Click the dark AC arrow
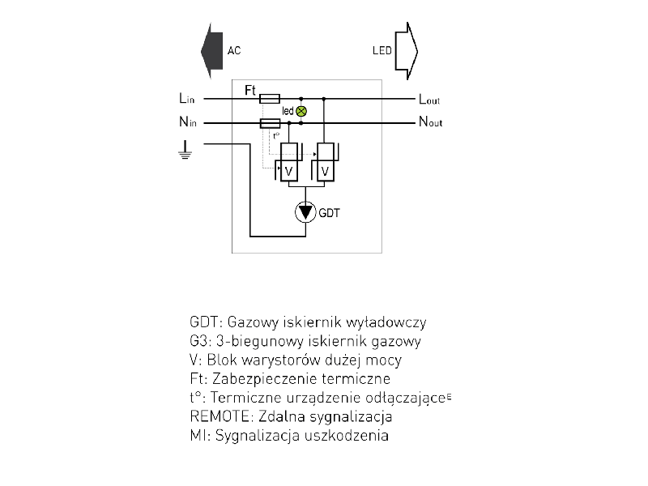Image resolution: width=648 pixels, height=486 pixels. pos(212,50)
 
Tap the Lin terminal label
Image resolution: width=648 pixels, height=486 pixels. pos(187,99)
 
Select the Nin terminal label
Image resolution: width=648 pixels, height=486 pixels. pos(187,123)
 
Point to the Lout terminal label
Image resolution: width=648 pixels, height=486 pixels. pos(429,100)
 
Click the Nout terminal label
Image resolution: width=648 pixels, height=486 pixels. pos(430,123)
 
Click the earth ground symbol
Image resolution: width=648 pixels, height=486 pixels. pos(186,150)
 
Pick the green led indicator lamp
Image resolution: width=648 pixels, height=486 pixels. pos(301,111)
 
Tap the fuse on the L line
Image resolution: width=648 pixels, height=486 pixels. pos(270,99)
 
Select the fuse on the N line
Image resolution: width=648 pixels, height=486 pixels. pos(270,123)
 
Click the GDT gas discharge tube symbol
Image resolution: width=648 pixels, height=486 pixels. pos(305,212)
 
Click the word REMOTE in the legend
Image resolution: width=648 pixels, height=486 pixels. pos(216,417)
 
